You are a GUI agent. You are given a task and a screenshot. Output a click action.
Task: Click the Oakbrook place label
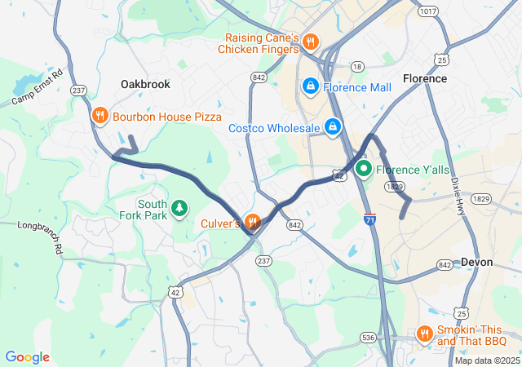(x=146, y=84)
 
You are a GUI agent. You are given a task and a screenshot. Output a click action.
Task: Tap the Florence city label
(x=425, y=78)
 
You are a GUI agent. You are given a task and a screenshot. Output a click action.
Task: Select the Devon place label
(x=476, y=262)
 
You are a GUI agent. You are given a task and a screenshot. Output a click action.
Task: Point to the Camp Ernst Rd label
(x=38, y=89)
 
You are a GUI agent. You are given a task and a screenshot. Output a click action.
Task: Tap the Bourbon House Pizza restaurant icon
(x=100, y=116)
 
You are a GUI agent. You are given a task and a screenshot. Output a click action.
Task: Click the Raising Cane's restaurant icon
(x=310, y=42)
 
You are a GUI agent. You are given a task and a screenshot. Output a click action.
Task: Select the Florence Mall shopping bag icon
(x=310, y=86)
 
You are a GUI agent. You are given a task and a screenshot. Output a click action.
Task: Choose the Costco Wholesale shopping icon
(x=333, y=127)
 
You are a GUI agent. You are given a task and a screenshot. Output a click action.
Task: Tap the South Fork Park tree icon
(x=179, y=210)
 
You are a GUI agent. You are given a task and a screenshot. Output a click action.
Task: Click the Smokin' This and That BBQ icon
(x=424, y=334)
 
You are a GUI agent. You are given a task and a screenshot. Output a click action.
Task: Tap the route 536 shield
(x=369, y=337)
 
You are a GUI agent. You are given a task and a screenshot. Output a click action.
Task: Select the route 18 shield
(x=356, y=66)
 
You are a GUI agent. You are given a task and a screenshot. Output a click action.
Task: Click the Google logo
(x=27, y=357)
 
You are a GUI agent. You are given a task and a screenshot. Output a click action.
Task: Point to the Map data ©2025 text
(x=486, y=360)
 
